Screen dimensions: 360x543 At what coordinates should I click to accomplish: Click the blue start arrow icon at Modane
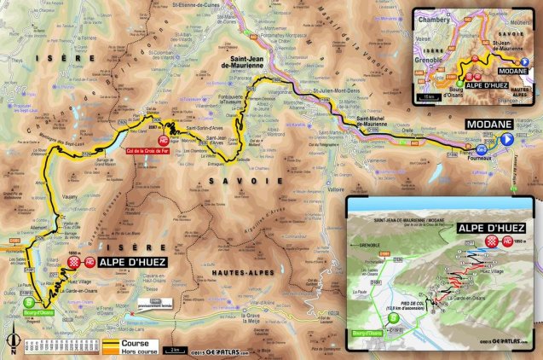point(507,139)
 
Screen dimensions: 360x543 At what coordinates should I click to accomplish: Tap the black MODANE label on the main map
point(487,125)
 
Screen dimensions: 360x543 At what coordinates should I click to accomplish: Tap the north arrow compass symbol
point(12,342)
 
